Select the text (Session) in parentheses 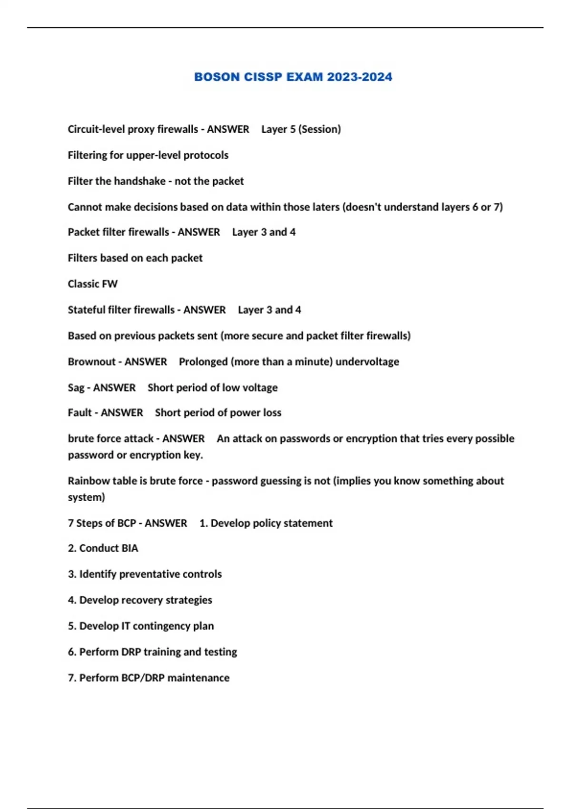coord(320,129)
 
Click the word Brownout coord(91,362)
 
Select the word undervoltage coord(367,362)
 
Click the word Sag coord(76,388)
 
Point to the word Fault coord(79,413)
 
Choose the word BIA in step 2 coord(129,548)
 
